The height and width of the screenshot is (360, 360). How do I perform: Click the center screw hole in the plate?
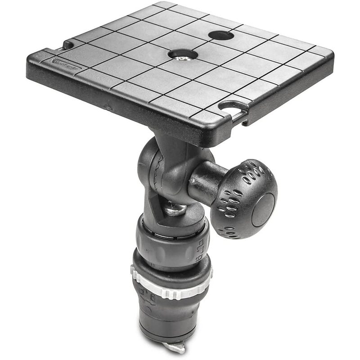pyautogui.click(x=183, y=54)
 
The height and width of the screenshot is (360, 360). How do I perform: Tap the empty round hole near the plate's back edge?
pyautogui.click(x=221, y=35)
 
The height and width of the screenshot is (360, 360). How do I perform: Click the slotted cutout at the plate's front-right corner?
pyautogui.click(x=234, y=108)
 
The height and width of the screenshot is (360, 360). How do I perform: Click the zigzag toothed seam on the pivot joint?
pyautogui.click(x=157, y=173)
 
